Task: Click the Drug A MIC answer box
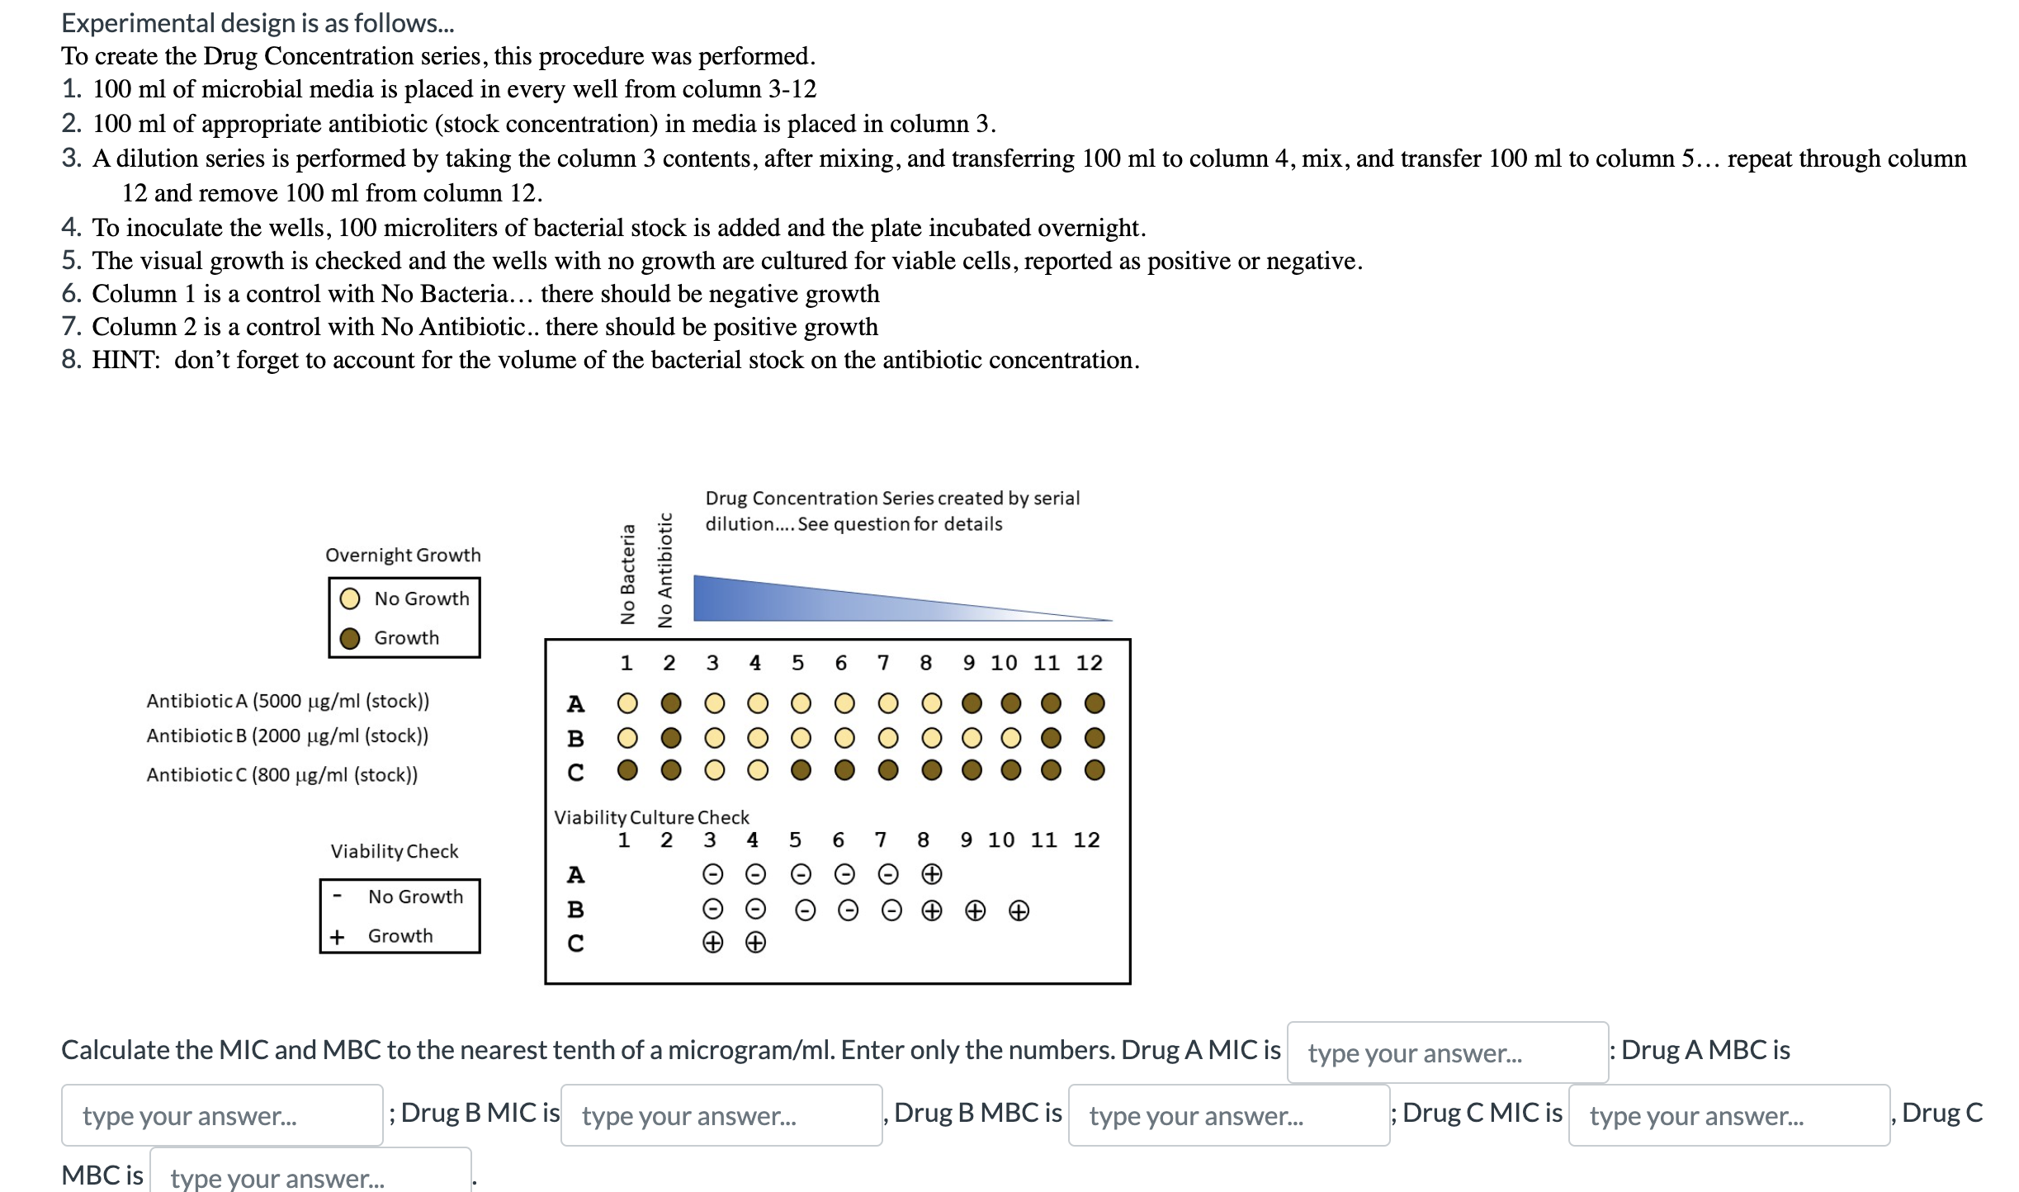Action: tap(1447, 1052)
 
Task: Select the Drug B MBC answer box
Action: tap(1228, 1115)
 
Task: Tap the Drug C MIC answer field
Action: tap(1728, 1115)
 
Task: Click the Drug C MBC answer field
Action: tap(310, 1174)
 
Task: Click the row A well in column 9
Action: tap(972, 703)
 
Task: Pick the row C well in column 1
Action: tap(627, 770)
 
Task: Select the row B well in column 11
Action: tap(1050, 737)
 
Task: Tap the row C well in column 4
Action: tap(757, 770)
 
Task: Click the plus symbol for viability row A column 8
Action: tap(931, 873)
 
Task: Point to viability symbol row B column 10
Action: tap(1019, 911)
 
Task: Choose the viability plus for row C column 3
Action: tap(712, 942)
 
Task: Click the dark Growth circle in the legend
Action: tap(350, 638)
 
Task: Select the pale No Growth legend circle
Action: tap(350, 598)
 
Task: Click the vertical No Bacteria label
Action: tap(627, 575)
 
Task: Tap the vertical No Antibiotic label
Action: tap(664, 570)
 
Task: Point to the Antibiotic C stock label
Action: tap(281, 774)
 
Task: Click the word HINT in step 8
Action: tap(125, 360)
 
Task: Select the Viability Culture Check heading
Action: tap(651, 817)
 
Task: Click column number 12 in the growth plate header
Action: tap(1089, 663)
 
